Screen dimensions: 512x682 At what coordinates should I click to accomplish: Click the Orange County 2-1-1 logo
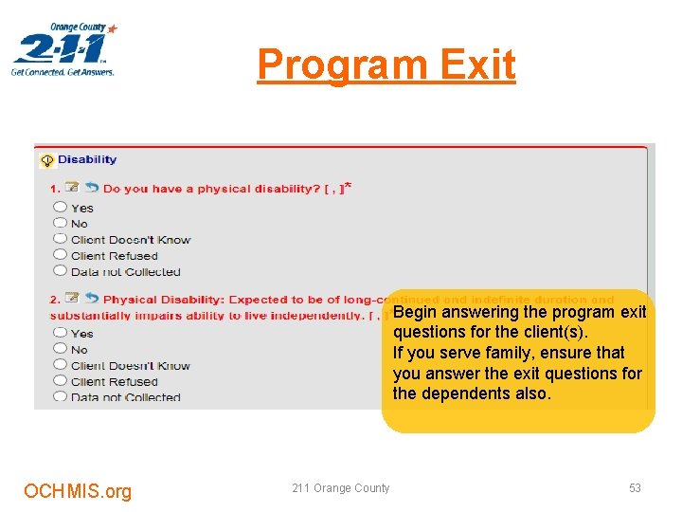pos(64,49)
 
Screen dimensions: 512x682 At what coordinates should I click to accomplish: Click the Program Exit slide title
pos(386,65)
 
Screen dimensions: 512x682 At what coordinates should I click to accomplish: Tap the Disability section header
pos(87,159)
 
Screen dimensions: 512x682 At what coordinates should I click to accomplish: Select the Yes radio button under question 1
pos(61,207)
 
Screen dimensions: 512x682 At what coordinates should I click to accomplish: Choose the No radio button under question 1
pos(61,223)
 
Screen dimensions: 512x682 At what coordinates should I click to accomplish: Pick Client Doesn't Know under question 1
pos(61,239)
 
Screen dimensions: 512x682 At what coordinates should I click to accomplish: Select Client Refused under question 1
pos(61,255)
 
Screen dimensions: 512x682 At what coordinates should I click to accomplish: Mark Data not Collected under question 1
pos(61,271)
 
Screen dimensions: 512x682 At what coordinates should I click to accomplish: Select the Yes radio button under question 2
pos(61,333)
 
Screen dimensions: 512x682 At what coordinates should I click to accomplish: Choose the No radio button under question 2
pos(61,349)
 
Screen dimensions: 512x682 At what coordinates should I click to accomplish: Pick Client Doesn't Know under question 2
pos(61,365)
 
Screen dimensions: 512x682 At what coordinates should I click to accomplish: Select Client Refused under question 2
pos(61,381)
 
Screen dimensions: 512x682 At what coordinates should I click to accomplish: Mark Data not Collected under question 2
pos(61,396)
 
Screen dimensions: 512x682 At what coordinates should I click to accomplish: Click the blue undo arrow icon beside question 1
pos(92,188)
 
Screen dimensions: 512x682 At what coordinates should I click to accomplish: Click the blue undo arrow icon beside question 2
pos(92,299)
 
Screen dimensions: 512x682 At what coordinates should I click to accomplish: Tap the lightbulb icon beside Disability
pos(46,160)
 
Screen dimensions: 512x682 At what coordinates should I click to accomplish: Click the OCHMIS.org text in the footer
pos(78,490)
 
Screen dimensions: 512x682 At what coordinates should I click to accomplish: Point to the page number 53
pos(635,488)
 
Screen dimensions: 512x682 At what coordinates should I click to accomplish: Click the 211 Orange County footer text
pos(340,488)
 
